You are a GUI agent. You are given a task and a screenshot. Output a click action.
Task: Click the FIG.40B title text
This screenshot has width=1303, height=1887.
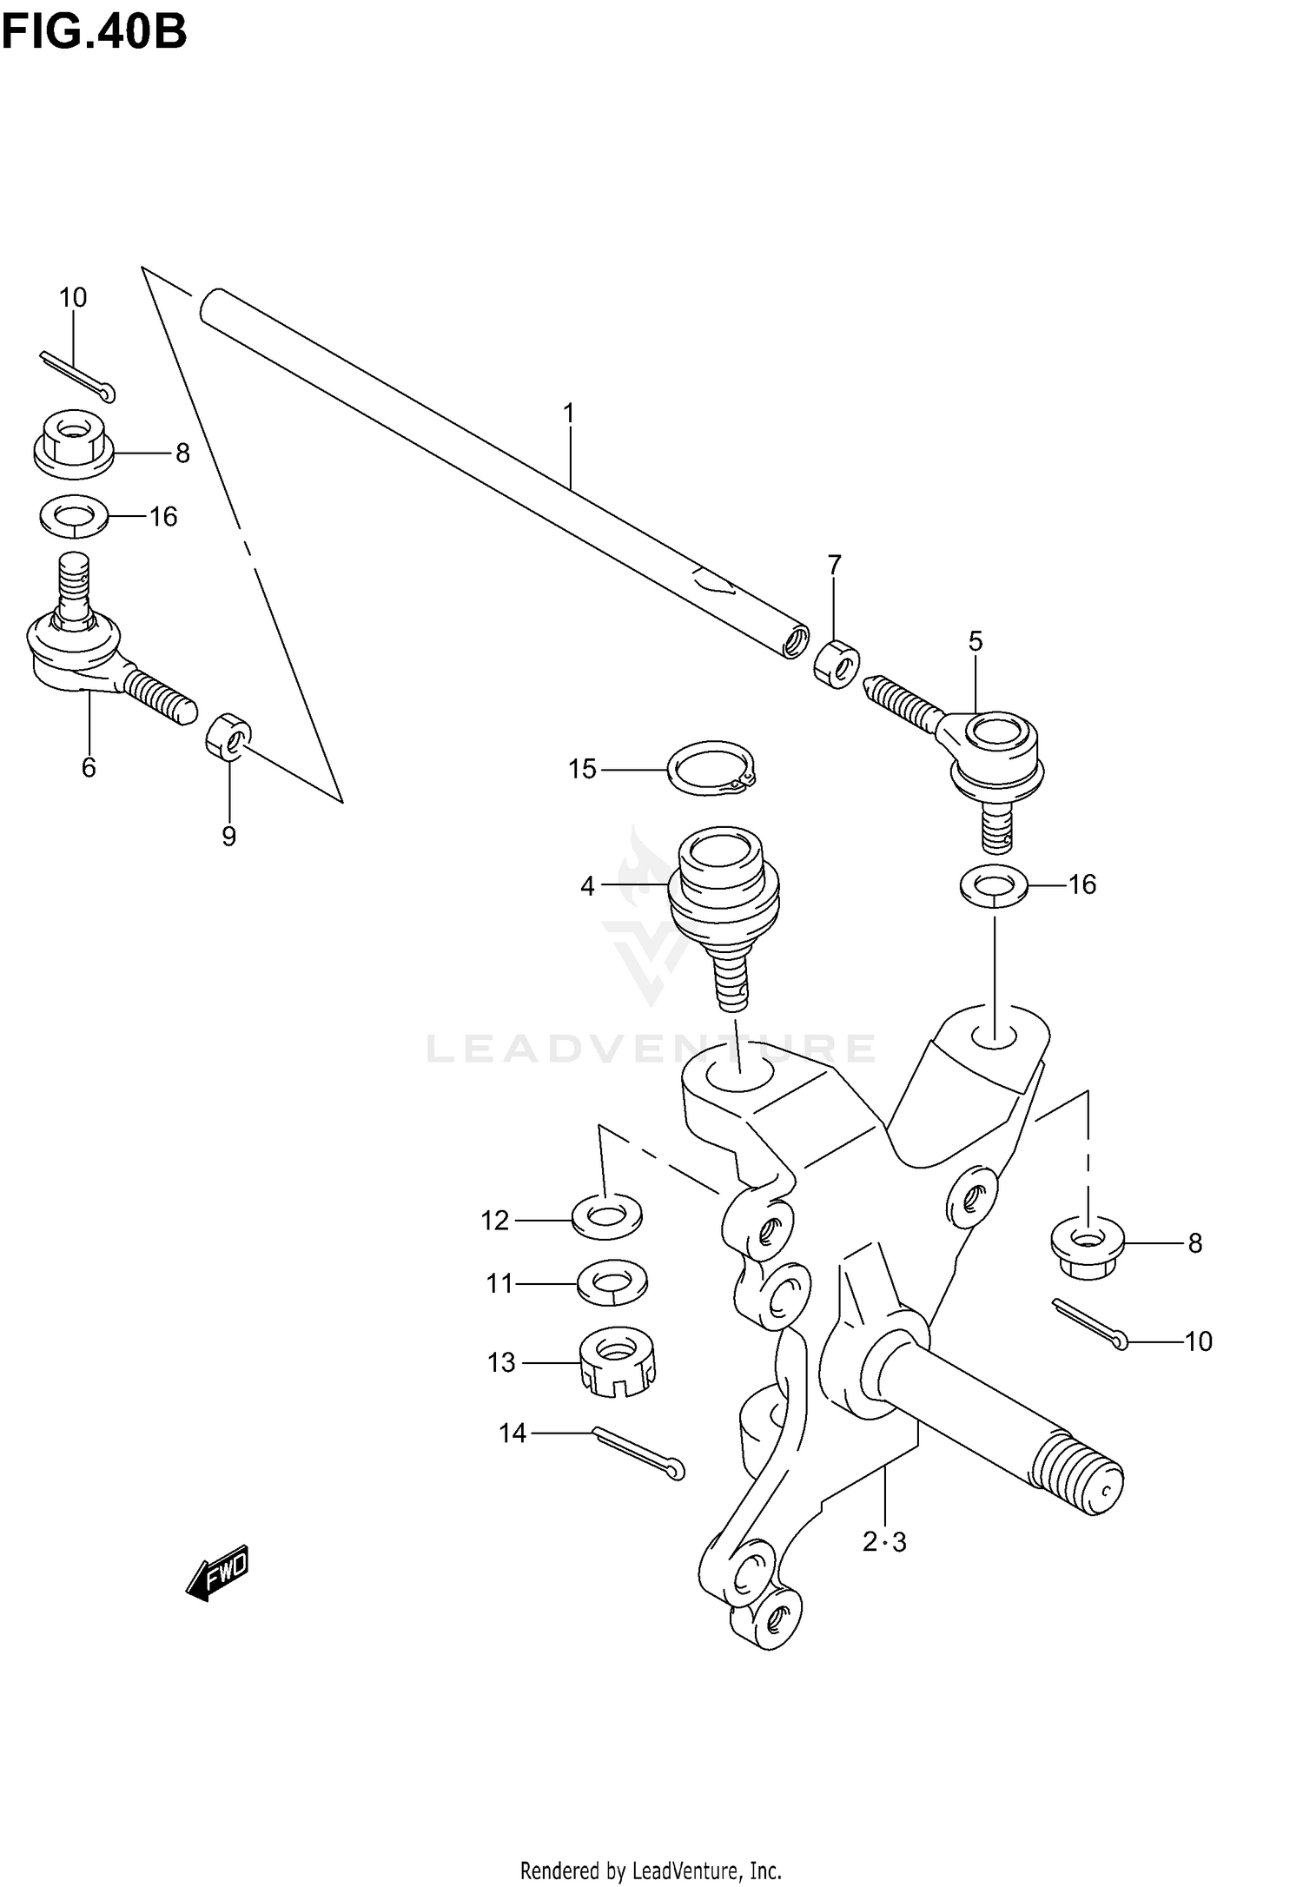(x=93, y=32)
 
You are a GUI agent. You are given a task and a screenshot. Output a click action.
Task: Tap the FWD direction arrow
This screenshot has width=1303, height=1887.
(x=218, y=1571)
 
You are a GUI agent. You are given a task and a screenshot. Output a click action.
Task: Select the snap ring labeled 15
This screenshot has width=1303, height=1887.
(x=711, y=767)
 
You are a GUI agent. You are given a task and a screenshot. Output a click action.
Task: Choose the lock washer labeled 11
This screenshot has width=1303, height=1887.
(x=612, y=1282)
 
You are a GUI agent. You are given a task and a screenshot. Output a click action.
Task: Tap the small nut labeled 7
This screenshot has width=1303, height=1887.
(x=837, y=664)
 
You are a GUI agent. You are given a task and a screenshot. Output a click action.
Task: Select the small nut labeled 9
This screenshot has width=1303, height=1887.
(x=228, y=735)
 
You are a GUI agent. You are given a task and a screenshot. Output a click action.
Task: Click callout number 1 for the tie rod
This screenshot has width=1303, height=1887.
(x=569, y=414)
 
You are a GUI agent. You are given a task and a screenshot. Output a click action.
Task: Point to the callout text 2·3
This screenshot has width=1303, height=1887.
(x=884, y=1542)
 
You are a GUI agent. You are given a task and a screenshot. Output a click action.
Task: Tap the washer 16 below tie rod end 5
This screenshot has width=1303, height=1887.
(x=994, y=885)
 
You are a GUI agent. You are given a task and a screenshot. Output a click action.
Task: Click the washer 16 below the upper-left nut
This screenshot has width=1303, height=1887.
(x=74, y=517)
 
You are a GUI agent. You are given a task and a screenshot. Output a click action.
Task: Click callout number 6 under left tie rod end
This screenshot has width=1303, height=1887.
(x=89, y=767)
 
